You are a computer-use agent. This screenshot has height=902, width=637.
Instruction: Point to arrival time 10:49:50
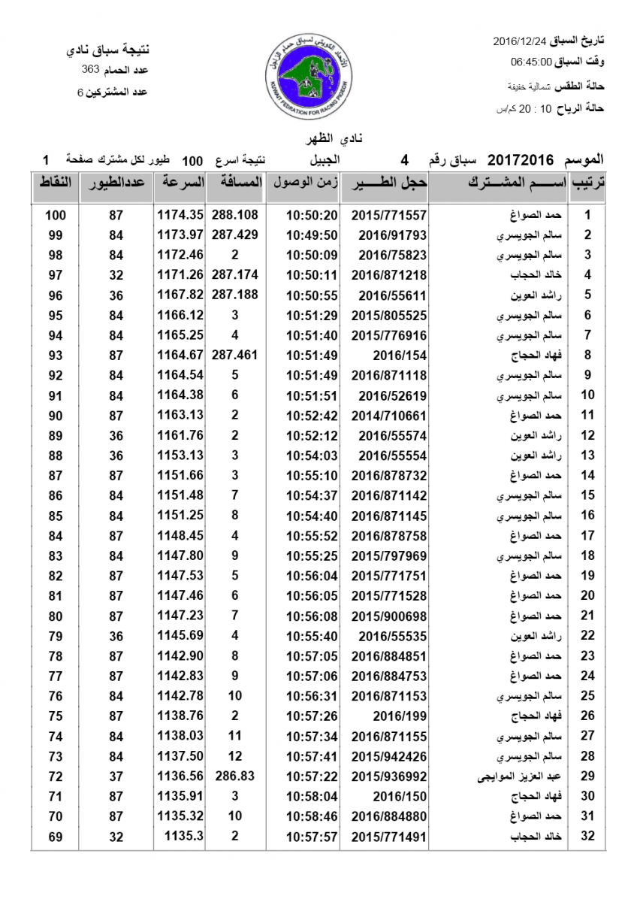click(x=312, y=235)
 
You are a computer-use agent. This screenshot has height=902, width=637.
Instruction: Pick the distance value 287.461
click(x=235, y=356)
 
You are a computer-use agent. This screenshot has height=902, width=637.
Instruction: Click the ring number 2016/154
click(x=388, y=356)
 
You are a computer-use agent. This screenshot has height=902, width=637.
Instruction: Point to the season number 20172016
click(x=521, y=160)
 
